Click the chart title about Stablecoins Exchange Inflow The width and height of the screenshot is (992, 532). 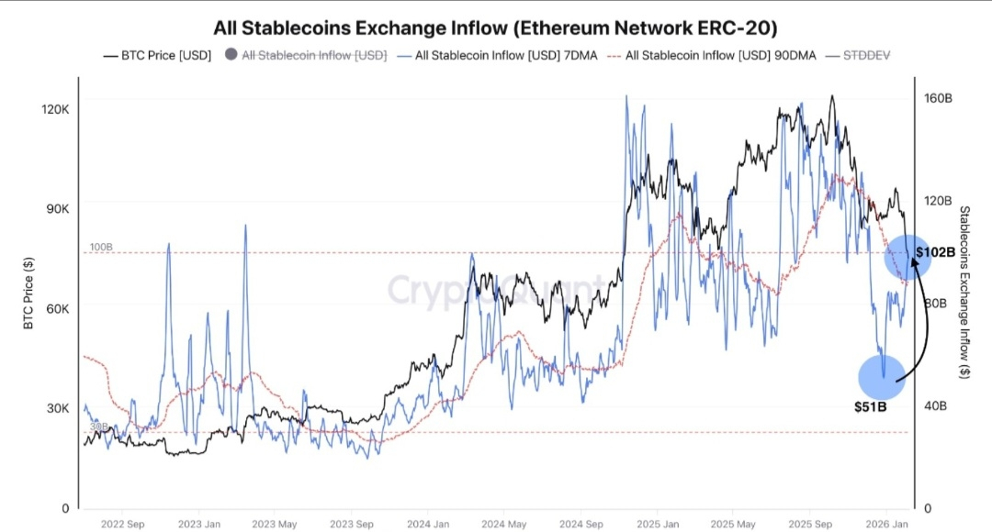click(x=496, y=28)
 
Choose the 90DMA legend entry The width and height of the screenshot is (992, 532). click(x=715, y=55)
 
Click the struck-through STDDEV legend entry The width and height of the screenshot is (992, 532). click(x=866, y=55)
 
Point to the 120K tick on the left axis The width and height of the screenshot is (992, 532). click(x=56, y=109)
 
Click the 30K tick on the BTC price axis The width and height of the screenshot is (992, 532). click(x=58, y=408)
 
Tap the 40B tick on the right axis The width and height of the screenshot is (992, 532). click(x=935, y=405)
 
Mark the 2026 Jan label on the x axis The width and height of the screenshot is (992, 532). click(x=885, y=525)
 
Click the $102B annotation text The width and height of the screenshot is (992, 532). click(x=935, y=251)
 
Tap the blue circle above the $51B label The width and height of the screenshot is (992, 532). click(x=882, y=377)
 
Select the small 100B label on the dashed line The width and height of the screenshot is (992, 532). click(x=101, y=248)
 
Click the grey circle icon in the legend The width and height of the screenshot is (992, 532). click(x=231, y=55)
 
